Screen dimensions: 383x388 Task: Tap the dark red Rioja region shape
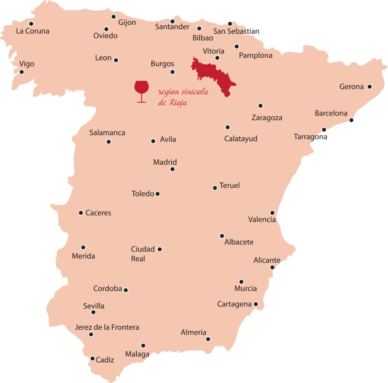(214, 76)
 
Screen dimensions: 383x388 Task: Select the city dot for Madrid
(172, 169)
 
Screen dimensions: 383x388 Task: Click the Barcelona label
(331, 113)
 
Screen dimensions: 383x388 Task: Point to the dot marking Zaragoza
(260, 106)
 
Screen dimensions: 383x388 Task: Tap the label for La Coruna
(33, 31)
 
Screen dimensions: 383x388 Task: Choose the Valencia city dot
(272, 213)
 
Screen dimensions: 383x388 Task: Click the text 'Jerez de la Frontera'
(107, 327)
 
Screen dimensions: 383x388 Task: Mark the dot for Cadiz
(92, 358)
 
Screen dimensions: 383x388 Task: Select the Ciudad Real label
(142, 254)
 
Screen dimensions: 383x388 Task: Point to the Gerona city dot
(370, 87)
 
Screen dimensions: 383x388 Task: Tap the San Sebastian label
(236, 31)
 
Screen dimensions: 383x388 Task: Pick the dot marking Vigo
(22, 72)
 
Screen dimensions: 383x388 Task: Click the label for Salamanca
(107, 133)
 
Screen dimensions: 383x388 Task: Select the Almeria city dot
(208, 339)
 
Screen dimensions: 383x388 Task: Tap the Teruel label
(230, 186)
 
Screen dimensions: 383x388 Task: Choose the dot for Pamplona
(237, 47)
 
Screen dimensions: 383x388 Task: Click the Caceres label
(98, 213)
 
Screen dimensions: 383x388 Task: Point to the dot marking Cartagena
(256, 304)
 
